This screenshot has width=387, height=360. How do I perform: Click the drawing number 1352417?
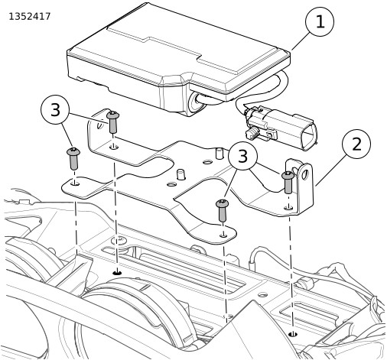click(x=30, y=17)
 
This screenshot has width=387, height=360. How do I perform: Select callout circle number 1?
click(x=320, y=22)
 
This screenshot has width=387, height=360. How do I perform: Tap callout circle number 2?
click(x=356, y=144)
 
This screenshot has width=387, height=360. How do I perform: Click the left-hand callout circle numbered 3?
click(x=55, y=110)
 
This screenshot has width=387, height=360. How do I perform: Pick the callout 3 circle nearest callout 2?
click(x=242, y=155)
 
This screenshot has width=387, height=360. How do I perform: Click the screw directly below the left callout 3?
click(x=73, y=158)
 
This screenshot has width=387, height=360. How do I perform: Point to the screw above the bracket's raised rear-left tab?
click(x=113, y=122)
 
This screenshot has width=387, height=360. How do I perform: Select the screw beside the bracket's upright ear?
click(x=288, y=182)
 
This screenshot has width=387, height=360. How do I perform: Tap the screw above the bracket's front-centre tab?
click(x=223, y=210)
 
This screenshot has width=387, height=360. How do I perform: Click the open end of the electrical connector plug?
click(x=309, y=137)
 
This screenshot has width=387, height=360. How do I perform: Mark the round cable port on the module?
click(x=197, y=102)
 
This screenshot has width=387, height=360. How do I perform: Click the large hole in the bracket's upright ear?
click(x=304, y=174)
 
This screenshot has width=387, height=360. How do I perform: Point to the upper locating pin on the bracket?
click(x=219, y=153)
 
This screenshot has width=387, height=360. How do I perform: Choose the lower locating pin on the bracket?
click(x=180, y=174)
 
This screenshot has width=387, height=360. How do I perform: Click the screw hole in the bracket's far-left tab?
click(x=75, y=183)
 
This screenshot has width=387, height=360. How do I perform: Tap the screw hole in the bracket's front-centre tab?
click(x=224, y=235)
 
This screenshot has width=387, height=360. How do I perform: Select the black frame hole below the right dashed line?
click(x=293, y=334)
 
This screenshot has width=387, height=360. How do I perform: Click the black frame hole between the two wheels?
click(x=117, y=273)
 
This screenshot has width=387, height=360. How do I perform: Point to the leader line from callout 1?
click(x=301, y=41)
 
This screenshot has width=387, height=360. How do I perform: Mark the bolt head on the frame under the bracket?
click(x=119, y=240)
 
